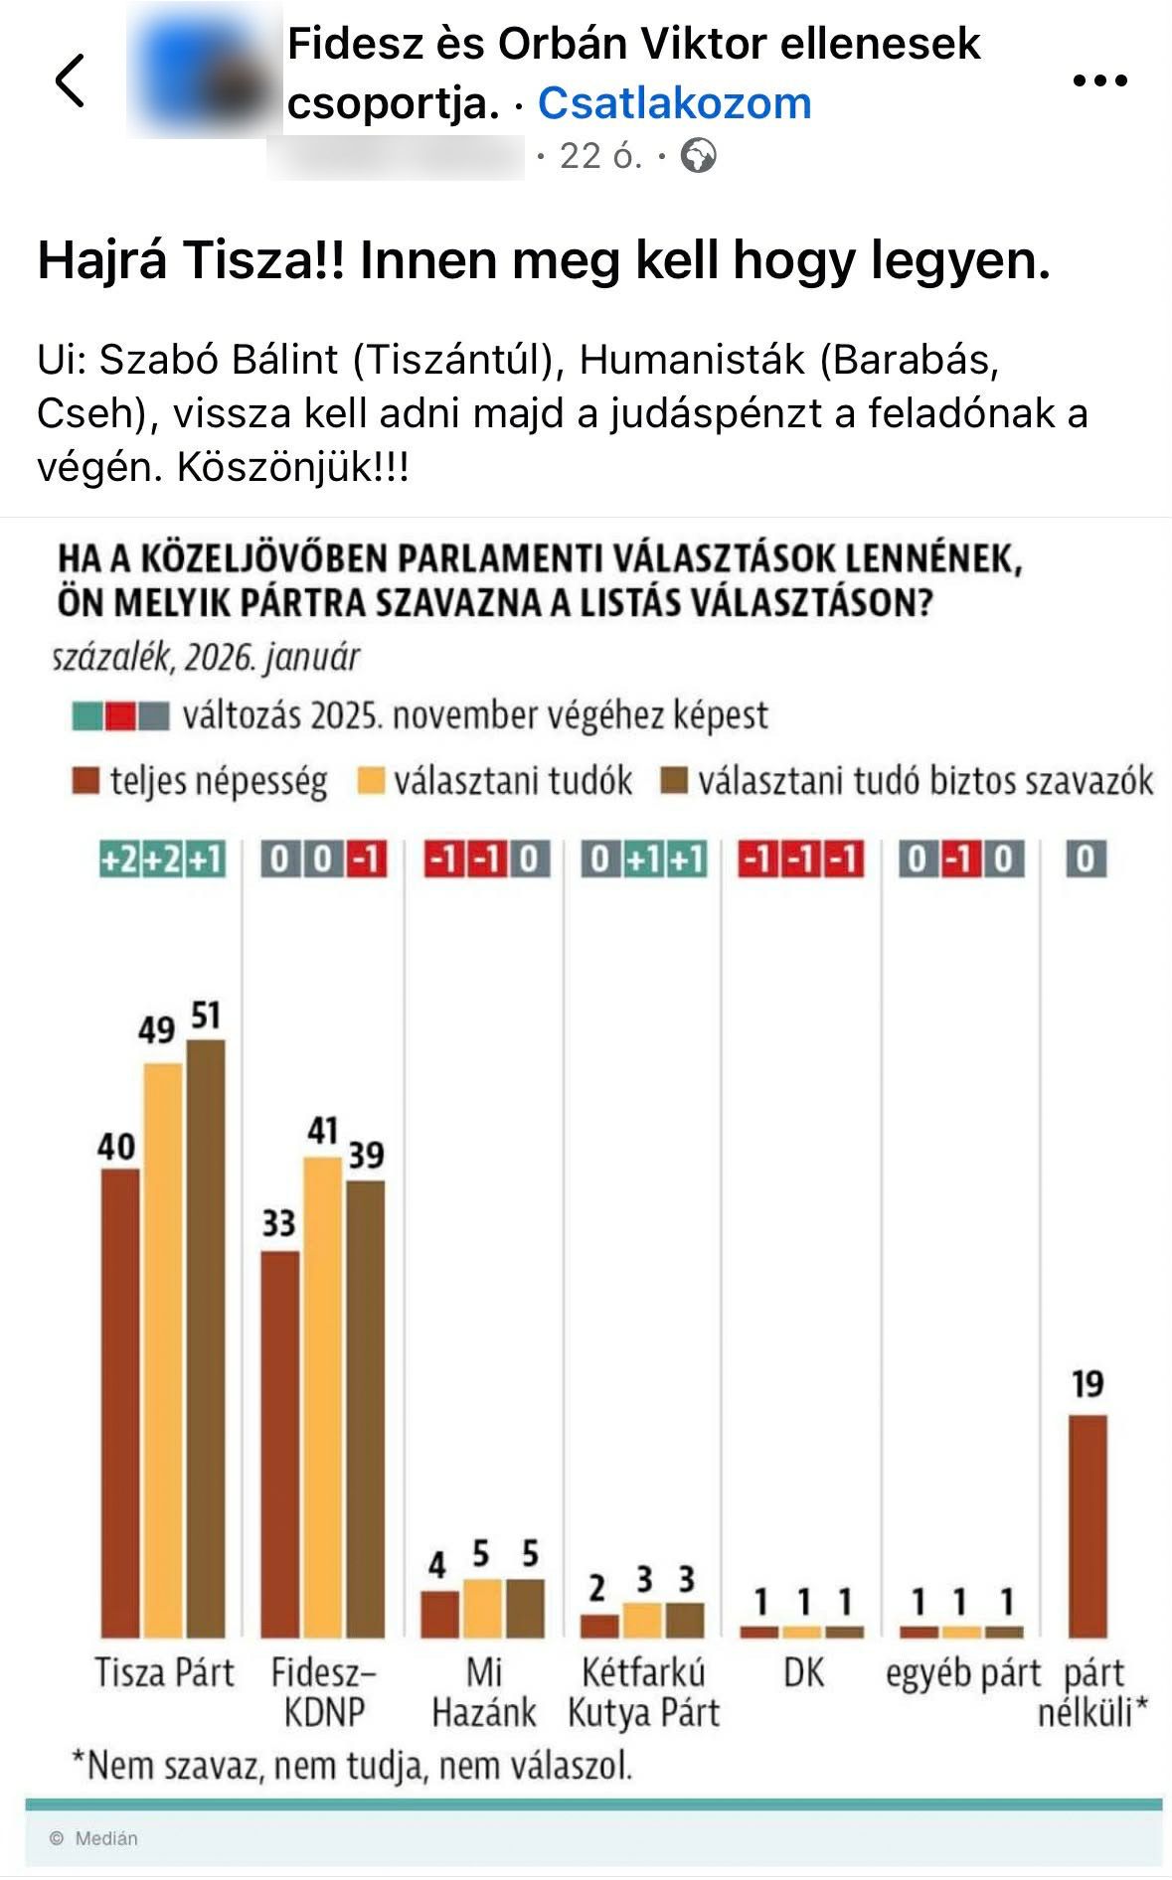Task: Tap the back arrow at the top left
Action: tap(70, 79)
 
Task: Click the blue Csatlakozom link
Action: tap(674, 102)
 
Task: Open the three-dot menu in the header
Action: tap(1100, 80)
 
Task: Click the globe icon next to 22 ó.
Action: tap(699, 156)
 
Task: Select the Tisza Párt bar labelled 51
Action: tap(206, 1336)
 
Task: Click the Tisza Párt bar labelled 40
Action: tap(120, 1401)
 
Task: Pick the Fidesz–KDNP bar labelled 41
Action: tap(322, 1396)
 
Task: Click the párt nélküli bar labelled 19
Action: tap(1087, 1525)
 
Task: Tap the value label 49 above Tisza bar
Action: tap(156, 1030)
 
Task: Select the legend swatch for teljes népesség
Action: tap(85, 782)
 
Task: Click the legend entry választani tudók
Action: tap(512, 782)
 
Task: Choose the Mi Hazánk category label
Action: tap(484, 1692)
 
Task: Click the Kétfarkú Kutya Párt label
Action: tap(643, 1692)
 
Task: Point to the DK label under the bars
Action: tap(803, 1672)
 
